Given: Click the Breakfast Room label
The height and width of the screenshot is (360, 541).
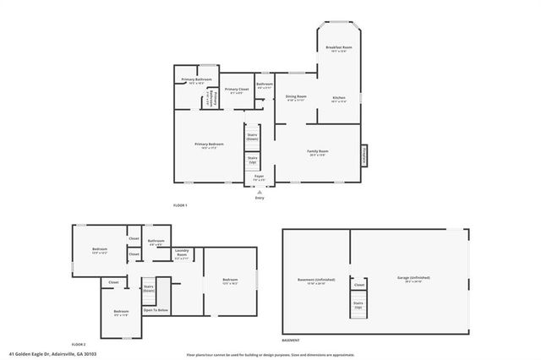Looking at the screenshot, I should [339, 49].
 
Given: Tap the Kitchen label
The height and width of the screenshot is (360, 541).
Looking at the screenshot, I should [339, 100].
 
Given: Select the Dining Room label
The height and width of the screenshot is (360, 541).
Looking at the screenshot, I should [295, 98].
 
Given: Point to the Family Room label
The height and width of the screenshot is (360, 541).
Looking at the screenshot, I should [318, 152].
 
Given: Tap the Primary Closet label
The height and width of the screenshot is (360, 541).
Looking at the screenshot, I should [237, 90].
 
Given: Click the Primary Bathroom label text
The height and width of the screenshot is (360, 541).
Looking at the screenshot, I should [196, 80].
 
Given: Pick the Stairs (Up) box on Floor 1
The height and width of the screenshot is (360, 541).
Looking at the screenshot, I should [252, 159].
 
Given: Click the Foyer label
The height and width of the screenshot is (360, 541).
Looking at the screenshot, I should [260, 177].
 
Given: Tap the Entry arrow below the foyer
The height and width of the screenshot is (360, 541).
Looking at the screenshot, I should [260, 194].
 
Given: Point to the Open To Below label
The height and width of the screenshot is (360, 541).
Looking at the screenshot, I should [156, 310].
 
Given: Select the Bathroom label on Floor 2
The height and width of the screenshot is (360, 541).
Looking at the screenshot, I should [156, 242].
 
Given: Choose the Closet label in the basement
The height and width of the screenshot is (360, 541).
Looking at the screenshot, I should [358, 285].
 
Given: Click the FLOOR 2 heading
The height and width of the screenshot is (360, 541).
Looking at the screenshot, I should [79, 345].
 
